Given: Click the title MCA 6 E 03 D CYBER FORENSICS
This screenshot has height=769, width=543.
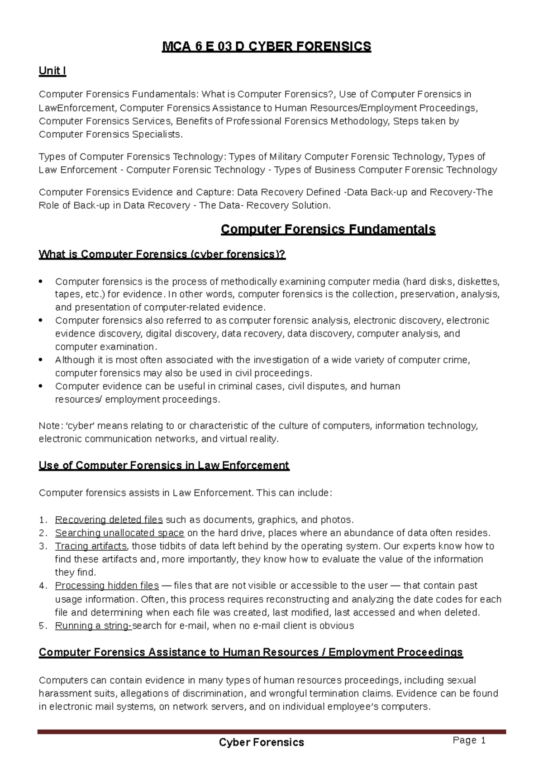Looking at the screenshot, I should tap(267, 47).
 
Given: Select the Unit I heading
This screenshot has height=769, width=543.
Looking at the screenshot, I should tap(52, 71).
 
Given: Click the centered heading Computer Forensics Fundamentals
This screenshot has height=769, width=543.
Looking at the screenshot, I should tap(328, 229).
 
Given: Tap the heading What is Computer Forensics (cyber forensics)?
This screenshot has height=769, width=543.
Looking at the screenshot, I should tap(162, 254).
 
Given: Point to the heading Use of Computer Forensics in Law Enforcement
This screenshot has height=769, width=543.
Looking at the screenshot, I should tap(164, 466).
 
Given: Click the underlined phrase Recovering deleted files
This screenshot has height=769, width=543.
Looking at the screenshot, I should tap(109, 519).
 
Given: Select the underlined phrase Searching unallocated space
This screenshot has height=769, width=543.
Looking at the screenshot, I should tap(119, 533).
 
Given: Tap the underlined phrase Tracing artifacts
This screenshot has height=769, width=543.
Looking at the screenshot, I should tap(91, 546).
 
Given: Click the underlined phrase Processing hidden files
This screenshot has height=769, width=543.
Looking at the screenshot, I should tap(107, 586).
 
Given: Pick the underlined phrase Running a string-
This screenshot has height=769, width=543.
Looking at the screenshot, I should tap(93, 625).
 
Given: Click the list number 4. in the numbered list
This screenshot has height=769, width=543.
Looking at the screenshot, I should tap(43, 586).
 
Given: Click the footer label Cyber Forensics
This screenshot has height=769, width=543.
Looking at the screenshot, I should tap(262, 742).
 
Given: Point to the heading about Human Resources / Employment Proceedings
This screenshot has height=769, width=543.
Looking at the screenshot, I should tap(251, 652).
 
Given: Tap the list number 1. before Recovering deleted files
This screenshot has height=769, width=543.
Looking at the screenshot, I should tap(43, 519).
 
